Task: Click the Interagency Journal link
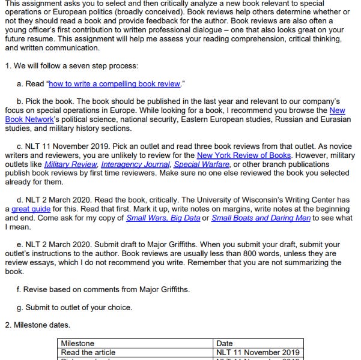tap(136, 164)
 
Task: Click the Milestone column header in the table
tap(78, 343)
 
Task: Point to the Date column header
tap(225, 343)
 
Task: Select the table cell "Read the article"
tap(88, 352)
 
